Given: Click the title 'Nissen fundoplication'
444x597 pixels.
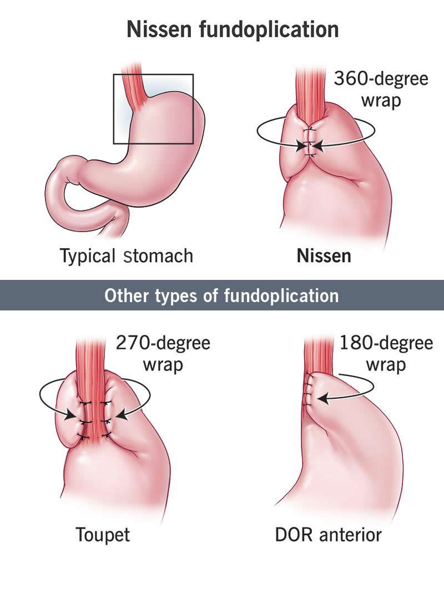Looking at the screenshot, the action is (233, 29).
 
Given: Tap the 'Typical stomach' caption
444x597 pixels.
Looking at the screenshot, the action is (127, 255).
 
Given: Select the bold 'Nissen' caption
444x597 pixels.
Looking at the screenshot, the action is (324, 256).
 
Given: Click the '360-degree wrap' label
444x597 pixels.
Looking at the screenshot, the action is (381, 90).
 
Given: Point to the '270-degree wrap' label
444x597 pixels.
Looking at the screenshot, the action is (163, 354).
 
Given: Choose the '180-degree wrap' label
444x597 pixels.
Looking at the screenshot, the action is (386, 354).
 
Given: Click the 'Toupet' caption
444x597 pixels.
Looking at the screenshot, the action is (103, 535).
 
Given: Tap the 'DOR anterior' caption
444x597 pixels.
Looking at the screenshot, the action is (328, 535).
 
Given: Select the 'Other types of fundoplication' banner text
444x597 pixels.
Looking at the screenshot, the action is (221, 295).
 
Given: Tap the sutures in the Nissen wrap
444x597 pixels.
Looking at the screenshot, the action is (310, 142).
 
